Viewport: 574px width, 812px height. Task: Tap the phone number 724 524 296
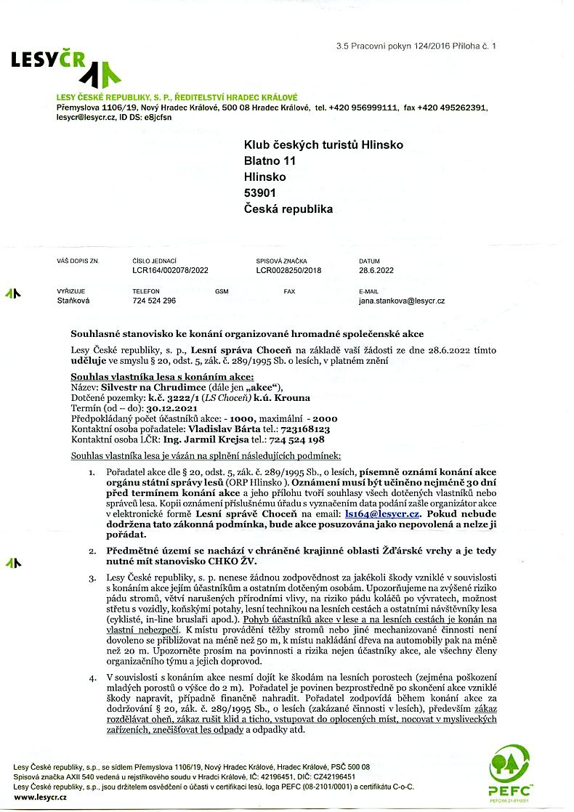[x=154, y=300]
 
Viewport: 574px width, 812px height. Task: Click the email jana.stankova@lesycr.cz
[x=402, y=300]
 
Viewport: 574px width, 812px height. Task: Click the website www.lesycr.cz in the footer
[x=41, y=797]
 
